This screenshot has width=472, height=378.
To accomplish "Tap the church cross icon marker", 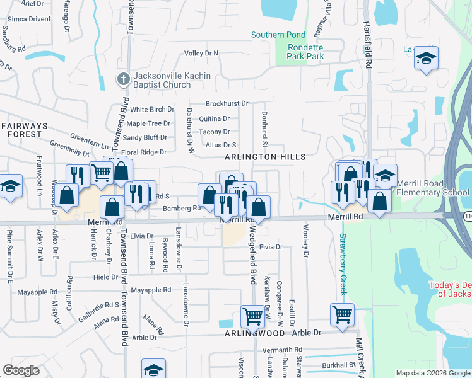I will coord(124,79).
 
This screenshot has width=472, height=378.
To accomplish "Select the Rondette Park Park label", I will coord(305,52).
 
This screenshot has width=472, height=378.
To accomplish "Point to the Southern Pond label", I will coord(278,35).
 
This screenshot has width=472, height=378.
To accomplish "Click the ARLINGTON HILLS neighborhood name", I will coord(265,157).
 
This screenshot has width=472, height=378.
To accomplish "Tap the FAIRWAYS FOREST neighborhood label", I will coord(24,130).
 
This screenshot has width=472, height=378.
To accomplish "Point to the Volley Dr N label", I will coord(201,53).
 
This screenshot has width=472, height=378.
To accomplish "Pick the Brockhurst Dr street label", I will coord(227,103).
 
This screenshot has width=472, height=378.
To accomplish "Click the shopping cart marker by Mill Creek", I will coord(342,313).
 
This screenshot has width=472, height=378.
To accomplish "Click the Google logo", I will coord(21,370).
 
